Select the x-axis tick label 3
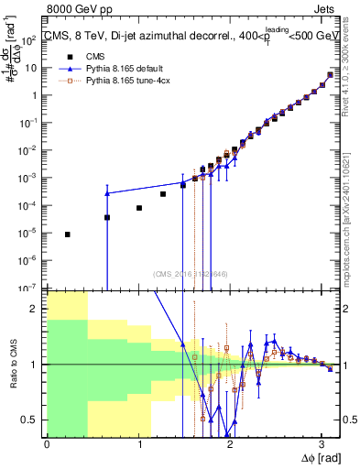tap(322, 444)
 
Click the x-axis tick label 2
tap(230, 444)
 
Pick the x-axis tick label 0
tap(47, 444)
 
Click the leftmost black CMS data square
tap(68, 234)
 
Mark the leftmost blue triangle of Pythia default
tap(107, 193)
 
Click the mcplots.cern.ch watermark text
tap(351, 229)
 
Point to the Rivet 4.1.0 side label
tap(351, 92)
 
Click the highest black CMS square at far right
tap(331, 75)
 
